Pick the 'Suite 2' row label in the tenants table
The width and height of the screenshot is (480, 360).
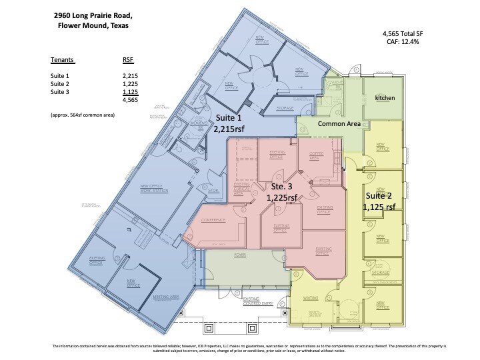[x=61, y=84]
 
